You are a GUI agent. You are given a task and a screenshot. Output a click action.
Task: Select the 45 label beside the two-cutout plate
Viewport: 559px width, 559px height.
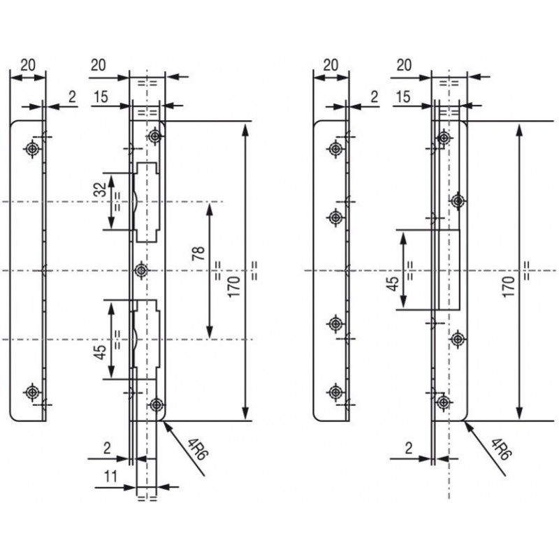click(x=99, y=351)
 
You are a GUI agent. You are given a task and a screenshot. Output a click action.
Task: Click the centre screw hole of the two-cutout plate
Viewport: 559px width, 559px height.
click(x=143, y=270)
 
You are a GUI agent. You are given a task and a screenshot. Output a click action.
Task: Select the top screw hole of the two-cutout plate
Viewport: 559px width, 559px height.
click(x=155, y=138)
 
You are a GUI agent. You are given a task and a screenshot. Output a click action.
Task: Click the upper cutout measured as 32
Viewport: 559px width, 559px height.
click(x=147, y=201)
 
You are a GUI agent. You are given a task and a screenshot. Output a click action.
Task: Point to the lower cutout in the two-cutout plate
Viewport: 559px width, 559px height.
click(x=147, y=339)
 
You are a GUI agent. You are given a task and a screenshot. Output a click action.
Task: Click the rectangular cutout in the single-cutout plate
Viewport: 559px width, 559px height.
click(x=448, y=270)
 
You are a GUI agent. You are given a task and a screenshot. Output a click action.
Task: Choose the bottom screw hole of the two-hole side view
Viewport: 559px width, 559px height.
click(x=31, y=391)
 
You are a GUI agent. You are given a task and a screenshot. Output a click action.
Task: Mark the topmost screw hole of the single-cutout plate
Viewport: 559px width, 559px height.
click(x=442, y=139)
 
